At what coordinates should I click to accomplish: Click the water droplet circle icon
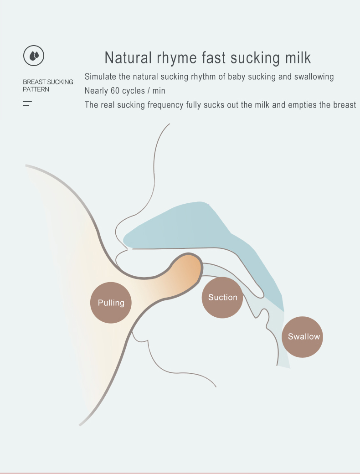pyautogui.click(x=34, y=56)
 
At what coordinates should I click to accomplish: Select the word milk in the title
pyautogui.click(x=296, y=58)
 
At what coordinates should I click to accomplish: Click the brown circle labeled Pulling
pyautogui.click(x=111, y=303)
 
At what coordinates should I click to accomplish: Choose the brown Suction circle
pyautogui.click(x=222, y=298)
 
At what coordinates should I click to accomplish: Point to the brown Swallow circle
pyautogui.click(x=303, y=337)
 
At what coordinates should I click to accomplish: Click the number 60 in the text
pyautogui.click(x=115, y=91)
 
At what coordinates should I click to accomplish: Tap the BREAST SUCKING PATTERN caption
pyautogui.click(x=48, y=86)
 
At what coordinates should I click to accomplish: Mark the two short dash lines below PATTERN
pyautogui.click(x=27, y=103)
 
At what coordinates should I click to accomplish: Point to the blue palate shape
pyautogui.click(x=196, y=228)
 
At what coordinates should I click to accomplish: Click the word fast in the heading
pyautogui.click(x=214, y=58)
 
